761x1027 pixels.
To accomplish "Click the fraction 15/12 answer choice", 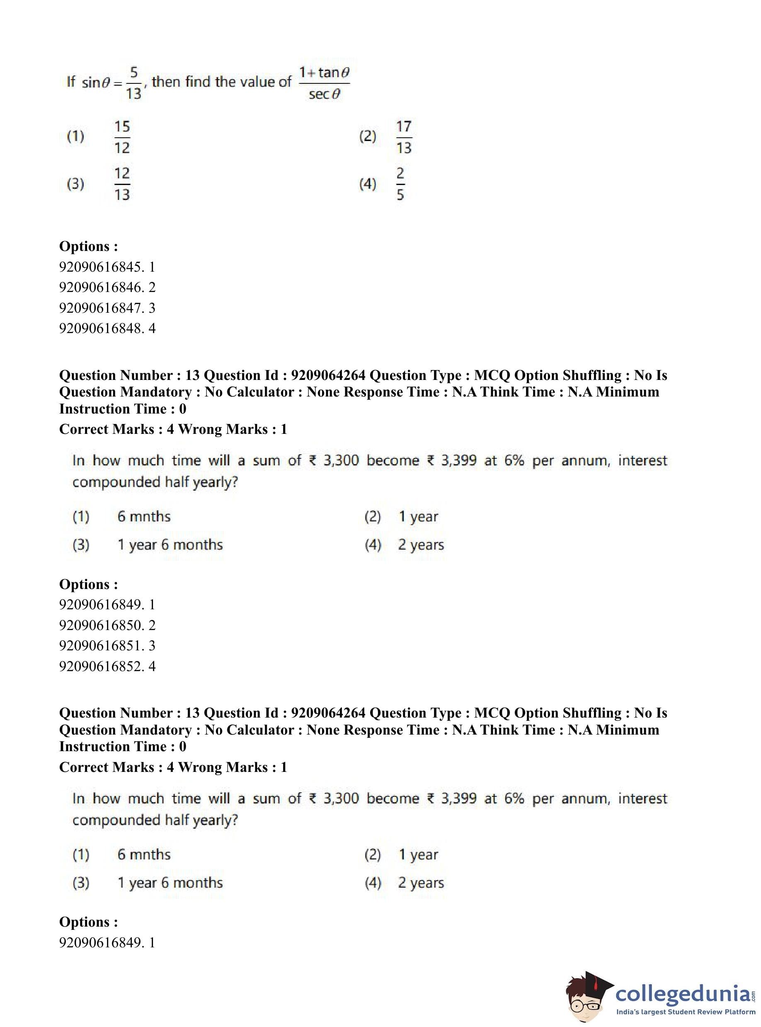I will point(122,137).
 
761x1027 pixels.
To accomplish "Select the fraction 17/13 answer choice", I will point(404,137).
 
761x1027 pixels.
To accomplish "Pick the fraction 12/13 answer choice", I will point(122,184).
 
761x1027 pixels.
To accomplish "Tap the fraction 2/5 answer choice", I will point(400,184).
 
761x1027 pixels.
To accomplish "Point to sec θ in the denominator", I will point(324,95).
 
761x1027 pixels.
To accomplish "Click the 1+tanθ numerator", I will point(324,72).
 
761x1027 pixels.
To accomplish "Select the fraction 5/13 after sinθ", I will point(133,83).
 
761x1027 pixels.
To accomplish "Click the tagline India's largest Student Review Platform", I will point(686,1012).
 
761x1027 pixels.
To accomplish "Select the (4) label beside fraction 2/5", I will point(368,184).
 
